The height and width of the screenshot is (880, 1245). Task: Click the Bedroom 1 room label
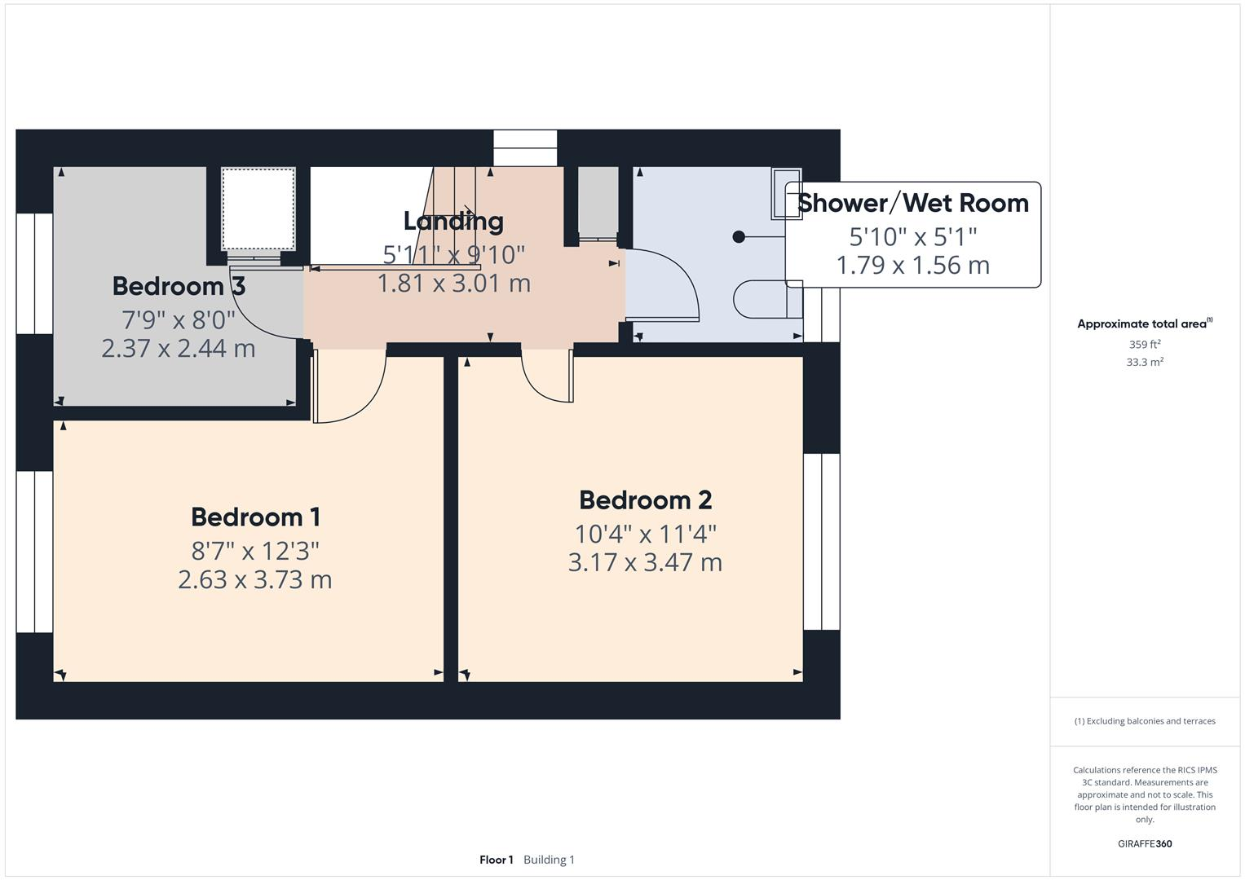pos(255,517)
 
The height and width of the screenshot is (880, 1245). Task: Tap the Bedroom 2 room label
pos(645,499)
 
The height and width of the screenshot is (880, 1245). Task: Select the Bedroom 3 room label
pos(179,286)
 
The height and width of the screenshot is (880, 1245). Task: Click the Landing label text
pos(453,221)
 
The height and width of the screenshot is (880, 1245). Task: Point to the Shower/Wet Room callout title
pos(912,202)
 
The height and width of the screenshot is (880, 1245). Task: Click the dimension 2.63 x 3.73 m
pos(255,579)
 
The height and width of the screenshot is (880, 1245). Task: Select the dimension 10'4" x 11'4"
pos(645,534)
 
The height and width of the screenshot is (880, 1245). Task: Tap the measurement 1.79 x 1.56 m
pos(912,265)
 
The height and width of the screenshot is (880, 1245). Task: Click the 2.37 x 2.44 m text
pos(179,348)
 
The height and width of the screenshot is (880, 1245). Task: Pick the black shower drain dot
pos(739,236)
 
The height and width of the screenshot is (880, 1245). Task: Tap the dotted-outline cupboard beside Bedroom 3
pos(258,209)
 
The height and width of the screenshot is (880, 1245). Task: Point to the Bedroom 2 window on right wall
pos(821,541)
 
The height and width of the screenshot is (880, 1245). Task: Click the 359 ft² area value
pos(1145,344)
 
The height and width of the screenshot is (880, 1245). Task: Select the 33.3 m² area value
pos(1145,362)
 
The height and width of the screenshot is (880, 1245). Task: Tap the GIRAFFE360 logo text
pos(1145,843)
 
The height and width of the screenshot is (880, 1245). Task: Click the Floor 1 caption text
pos(497,860)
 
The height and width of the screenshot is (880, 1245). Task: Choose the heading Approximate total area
pos(1143,323)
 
